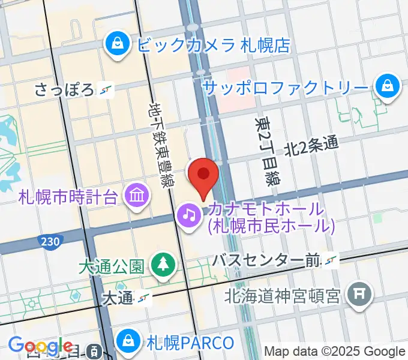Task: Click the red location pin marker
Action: [203, 175]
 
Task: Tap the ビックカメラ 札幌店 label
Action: [214, 44]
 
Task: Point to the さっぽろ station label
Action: [64, 91]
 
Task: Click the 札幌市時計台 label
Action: [68, 197]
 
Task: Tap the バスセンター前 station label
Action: [268, 260]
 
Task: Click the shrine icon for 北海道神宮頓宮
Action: [359, 294]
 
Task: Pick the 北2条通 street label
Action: [311, 146]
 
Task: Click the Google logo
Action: [41, 347]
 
